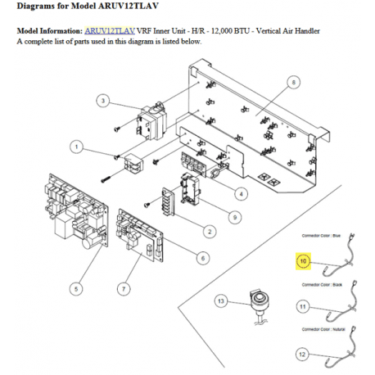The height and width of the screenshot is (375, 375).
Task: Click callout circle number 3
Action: pyautogui.click(x=103, y=101)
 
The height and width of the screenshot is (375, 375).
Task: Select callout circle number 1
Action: pyautogui.click(x=76, y=147)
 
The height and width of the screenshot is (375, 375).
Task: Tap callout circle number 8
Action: pyautogui.click(x=294, y=82)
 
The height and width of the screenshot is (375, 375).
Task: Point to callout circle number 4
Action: pyautogui.click(x=242, y=193)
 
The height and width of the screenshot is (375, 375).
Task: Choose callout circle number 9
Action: pyautogui.click(x=234, y=217)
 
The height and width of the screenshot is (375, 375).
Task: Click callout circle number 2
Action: pyautogui.click(x=210, y=233)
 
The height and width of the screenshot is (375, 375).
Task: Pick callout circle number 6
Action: pyautogui.click(x=203, y=257)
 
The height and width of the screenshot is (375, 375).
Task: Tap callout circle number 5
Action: pyautogui.click(x=76, y=287)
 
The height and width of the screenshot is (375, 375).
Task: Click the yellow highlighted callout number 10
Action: pyautogui.click(x=302, y=261)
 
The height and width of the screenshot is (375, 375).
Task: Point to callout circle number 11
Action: pyautogui.click(x=302, y=307)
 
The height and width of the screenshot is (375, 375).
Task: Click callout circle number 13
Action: pyautogui.click(x=219, y=302)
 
